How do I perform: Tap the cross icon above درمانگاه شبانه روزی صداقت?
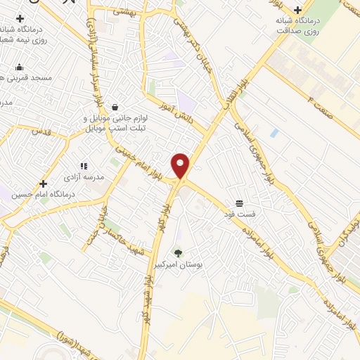pyautogui.click(x=299, y=10)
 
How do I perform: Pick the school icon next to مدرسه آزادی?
pyautogui.click(x=84, y=166)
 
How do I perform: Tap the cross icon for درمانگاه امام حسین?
pyautogui.click(x=43, y=183)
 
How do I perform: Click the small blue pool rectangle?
pyautogui.click(x=274, y=132)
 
